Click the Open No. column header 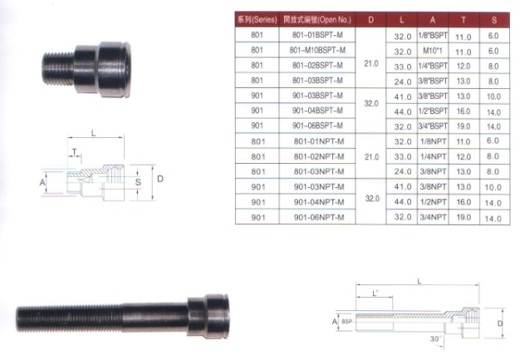317,20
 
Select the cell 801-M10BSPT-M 317,50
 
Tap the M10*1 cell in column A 433,51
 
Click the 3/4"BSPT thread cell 433,126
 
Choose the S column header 494,20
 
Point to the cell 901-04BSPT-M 317,111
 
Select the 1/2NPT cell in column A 434,202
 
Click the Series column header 258,20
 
